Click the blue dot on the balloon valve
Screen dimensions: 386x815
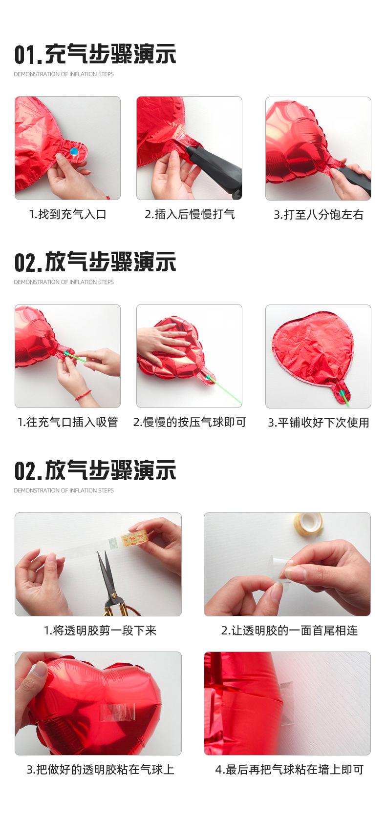coord(74,151)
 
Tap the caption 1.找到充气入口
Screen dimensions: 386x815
coord(68,214)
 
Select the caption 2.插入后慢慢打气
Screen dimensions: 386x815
coord(190,214)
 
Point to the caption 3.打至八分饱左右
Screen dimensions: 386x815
coord(319,215)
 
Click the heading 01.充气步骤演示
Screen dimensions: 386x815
coord(95,54)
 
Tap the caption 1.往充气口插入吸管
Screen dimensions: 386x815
coord(68,422)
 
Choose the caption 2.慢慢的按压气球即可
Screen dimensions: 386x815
coord(190,422)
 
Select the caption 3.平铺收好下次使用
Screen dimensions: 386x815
coord(319,423)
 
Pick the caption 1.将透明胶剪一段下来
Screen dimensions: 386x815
coord(100,631)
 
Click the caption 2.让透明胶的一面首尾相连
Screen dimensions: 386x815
coord(289,631)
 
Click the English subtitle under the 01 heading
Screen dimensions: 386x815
coord(64,74)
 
